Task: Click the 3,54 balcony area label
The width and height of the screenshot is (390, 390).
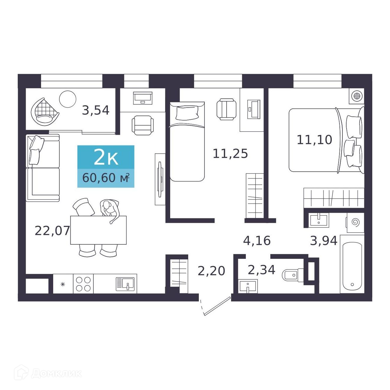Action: pyautogui.click(x=95, y=110)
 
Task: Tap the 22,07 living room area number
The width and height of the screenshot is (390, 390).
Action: pyautogui.click(x=52, y=231)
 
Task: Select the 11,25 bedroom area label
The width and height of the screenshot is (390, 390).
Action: pyautogui.click(x=230, y=153)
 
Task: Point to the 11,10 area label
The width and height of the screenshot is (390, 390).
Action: pyautogui.click(x=314, y=140)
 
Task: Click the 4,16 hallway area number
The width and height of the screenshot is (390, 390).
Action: pyautogui.click(x=257, y=240)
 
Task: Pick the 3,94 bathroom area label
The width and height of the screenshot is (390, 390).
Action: pyautogui.click(x=324, y=240)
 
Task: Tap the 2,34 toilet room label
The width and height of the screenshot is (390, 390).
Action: pyautogui.click(x=261, y=270)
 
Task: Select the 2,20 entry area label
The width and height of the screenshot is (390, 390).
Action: pyautogui.click(x=211, y=271)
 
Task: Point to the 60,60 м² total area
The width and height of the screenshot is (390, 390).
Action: pyautogui.click(x=106, y=178)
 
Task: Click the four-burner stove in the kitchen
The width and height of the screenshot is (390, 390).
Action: pyautogui.click(x=83, y=284)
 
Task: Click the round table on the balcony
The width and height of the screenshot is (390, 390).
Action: pyautogui.click(x=68, y=99)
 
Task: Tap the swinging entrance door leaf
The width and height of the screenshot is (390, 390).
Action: pyautogui.click(x=217, y=306)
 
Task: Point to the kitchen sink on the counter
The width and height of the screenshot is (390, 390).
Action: pyautogui.click(x=125, y=284)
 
